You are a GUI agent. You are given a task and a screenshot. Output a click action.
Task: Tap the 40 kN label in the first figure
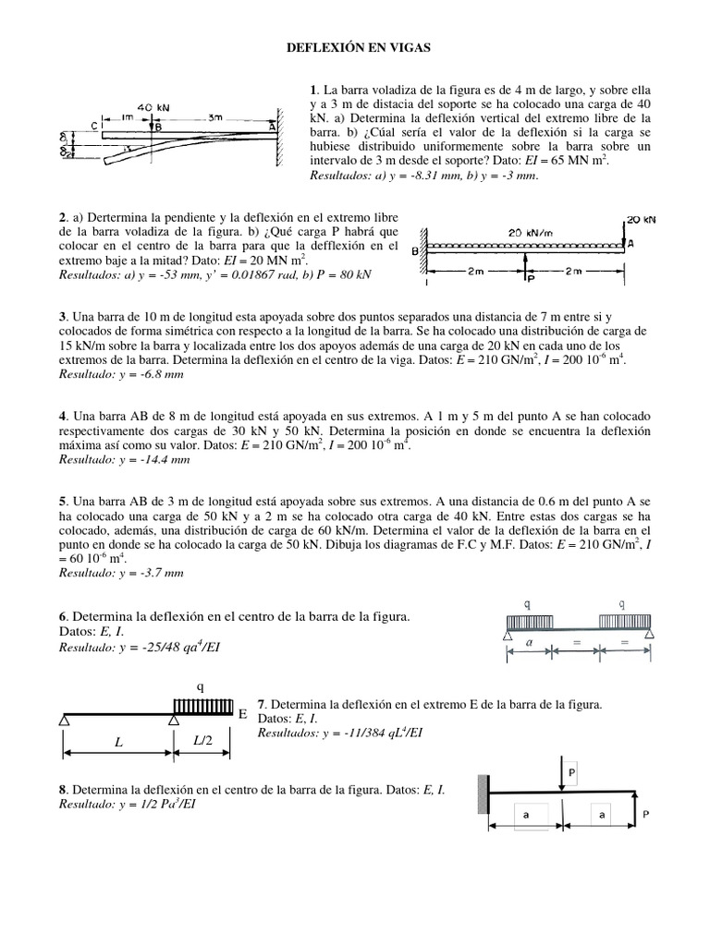(x=151, y=107)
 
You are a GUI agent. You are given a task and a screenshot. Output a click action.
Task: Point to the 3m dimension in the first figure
(x=214, y=117)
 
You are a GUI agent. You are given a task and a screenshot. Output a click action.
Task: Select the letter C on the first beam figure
(x=95, y=126)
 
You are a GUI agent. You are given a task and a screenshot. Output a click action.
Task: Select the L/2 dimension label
(x=202, y=742)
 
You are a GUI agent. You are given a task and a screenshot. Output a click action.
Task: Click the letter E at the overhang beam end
(x=242, y=714)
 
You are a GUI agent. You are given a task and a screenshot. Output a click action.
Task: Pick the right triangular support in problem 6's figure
(x=650, y=634)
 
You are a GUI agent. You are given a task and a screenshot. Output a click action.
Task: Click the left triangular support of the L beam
(x=66, y=720)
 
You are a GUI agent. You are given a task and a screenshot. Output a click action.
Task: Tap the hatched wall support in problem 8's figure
(x=483, y=794)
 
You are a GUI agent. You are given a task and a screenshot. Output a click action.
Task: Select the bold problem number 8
(x=62, y=790)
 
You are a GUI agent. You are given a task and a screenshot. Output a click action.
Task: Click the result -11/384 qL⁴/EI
(x=364, y=733)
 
